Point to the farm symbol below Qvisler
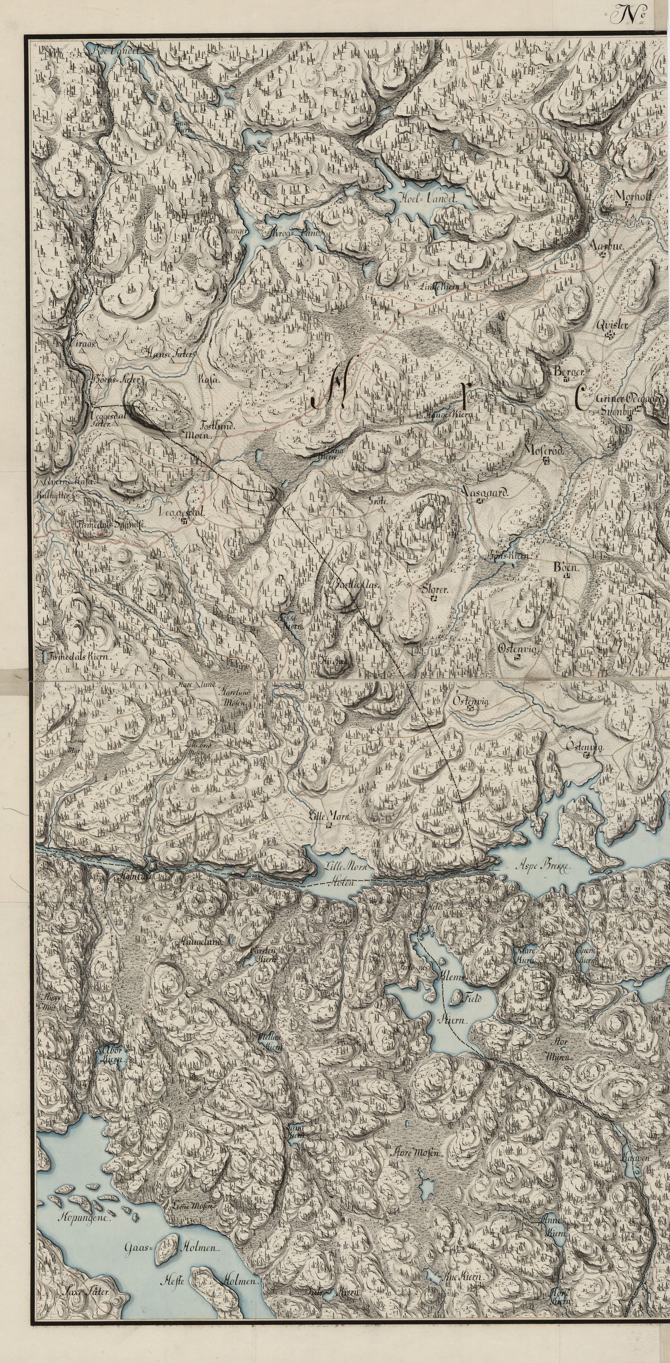[611, 334]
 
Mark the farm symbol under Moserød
[546, 461]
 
